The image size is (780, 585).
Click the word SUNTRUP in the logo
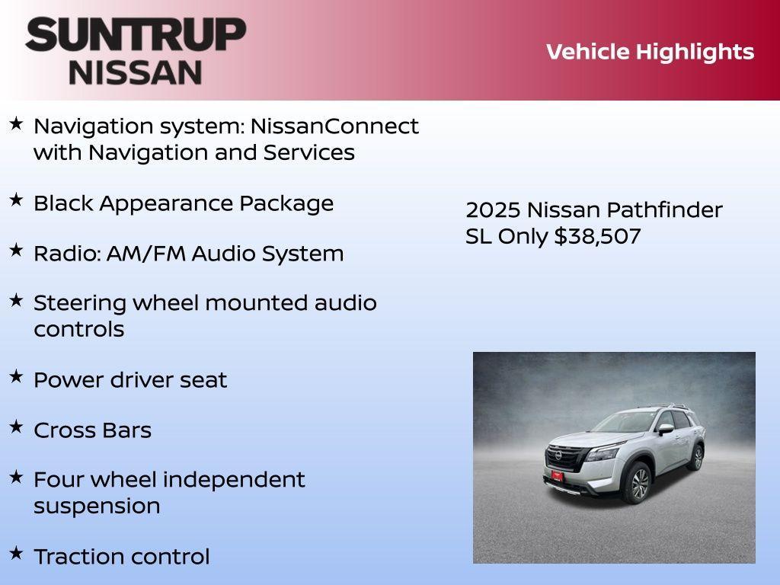(x=136, y=34)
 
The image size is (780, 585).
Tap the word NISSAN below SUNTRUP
(x=136, y=72)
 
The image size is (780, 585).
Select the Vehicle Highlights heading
(x=650, y=52)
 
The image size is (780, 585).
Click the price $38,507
(x=597, y=236)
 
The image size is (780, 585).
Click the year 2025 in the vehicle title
(x=492, y=210)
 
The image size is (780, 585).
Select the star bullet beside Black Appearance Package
(x=16, y=200)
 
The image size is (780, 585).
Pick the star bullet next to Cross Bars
(x=16, y=427)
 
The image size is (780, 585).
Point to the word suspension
(x=97, y=507)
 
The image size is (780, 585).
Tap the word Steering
(x=79, y=303)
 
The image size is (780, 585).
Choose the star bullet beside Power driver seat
(x=16, y=376)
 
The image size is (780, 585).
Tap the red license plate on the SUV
(x=557, y=476)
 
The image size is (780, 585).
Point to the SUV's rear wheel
(x=696, y=457)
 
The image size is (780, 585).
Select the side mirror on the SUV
(x=665, y=430)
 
